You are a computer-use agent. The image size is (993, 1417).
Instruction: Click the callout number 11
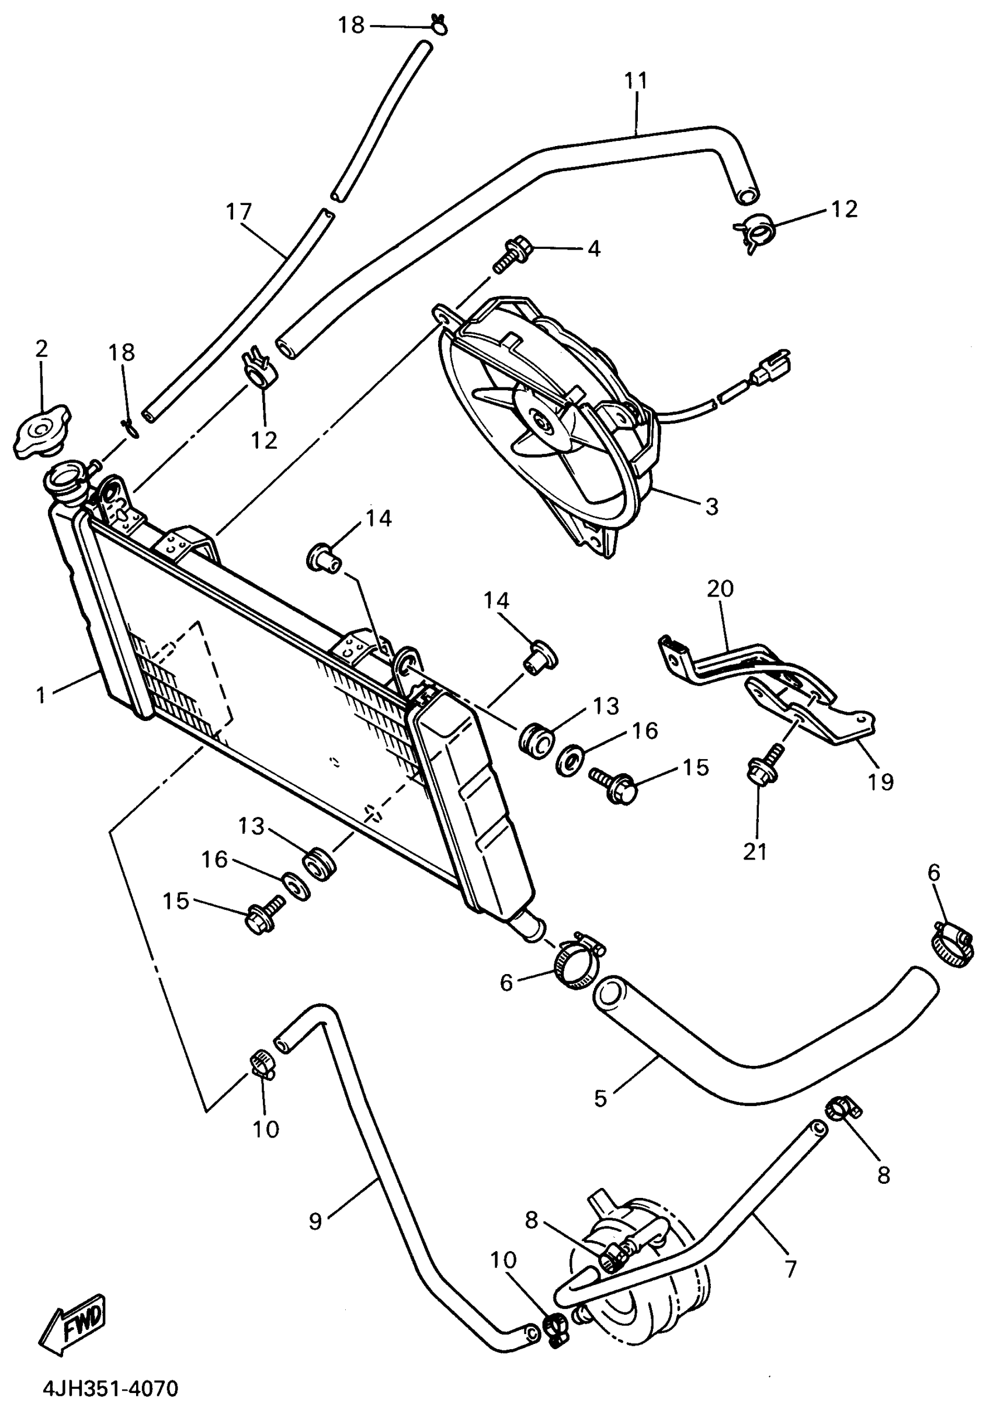click(636, 80)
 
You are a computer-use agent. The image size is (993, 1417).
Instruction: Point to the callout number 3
click(712, 507)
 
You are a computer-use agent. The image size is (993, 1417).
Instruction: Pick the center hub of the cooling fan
click(542, 422)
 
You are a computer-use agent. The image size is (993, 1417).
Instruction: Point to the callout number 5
click(600, 1098)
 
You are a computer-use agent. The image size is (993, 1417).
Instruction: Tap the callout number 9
click(315, 1221)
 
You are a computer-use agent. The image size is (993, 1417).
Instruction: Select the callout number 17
click(239, 212)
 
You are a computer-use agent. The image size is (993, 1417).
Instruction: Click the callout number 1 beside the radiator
click(41, 695)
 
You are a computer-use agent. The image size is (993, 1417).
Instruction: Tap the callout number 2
click(41, 349)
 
